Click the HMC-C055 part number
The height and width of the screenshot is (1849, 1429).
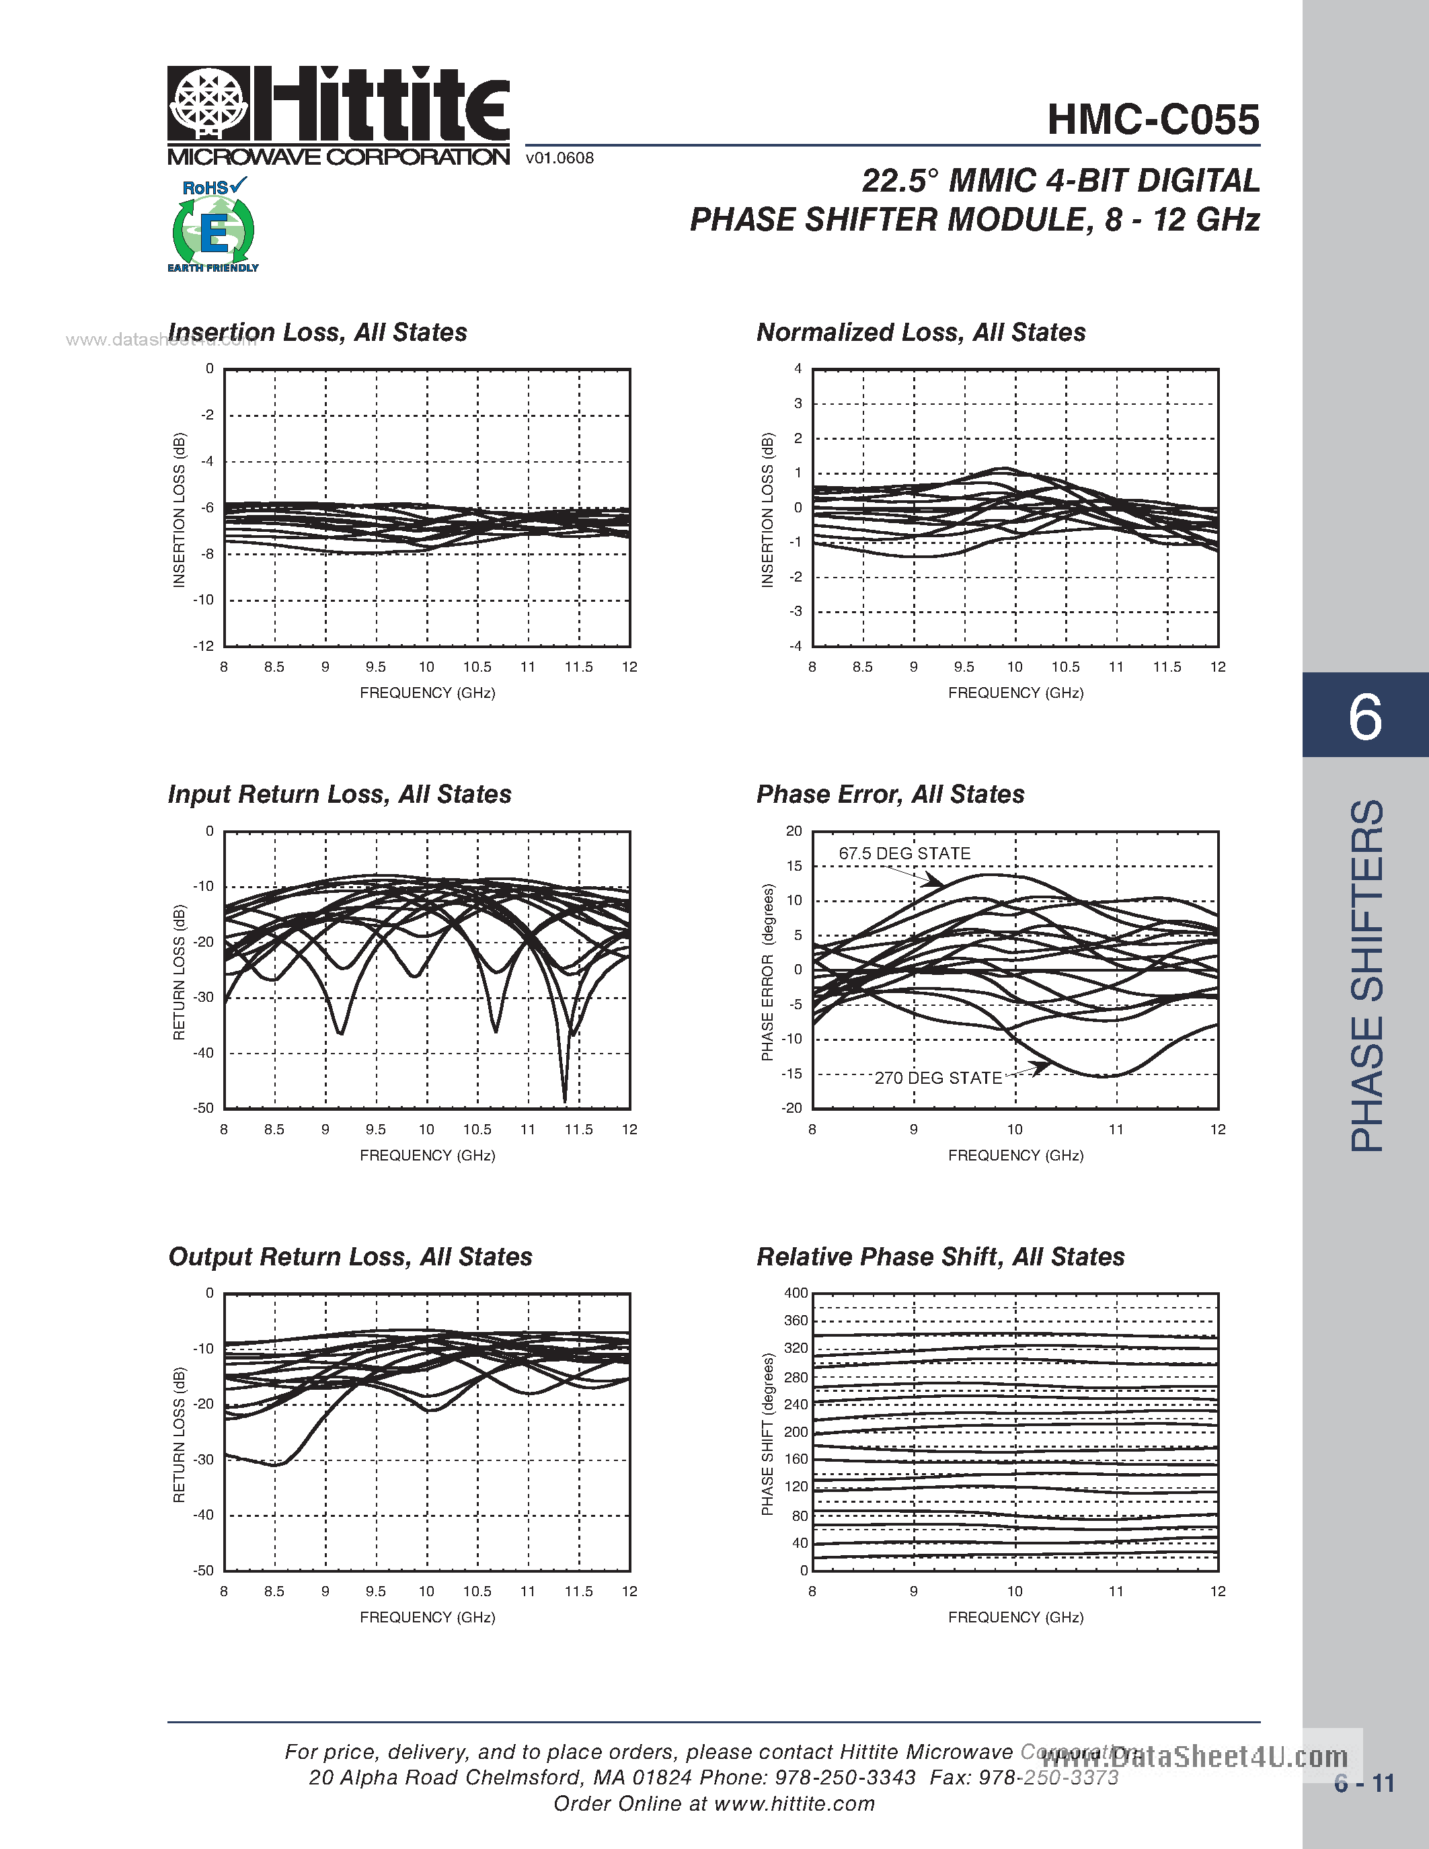point(1153,120)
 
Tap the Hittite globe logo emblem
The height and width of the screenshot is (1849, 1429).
point(208,104)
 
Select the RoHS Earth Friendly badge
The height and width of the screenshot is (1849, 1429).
point(213,225)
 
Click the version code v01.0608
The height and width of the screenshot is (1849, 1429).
point(559,158)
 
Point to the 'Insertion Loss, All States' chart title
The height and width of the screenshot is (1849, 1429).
point(317,333)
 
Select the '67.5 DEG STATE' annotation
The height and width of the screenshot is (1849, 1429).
point(904,853)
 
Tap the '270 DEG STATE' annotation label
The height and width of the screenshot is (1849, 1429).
point(938,1078)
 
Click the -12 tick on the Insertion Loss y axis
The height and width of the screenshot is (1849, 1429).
point(204,646)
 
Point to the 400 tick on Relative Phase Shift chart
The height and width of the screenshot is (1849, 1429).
point(796,1293)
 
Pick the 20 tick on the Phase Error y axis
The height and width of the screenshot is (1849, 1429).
point(794,831)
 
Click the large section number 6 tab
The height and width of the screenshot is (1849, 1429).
point(1364,715)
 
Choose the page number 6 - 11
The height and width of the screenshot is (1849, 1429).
point(1364,1784)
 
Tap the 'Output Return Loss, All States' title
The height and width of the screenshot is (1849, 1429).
point(350,1257)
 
